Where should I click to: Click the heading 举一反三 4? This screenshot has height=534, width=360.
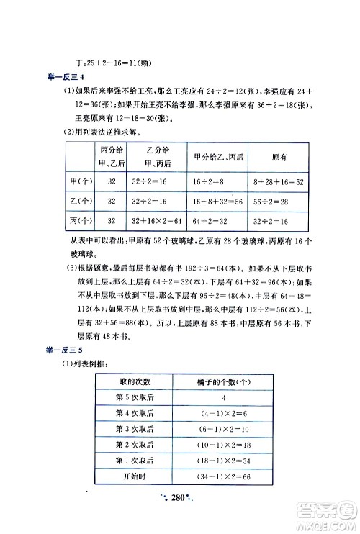click(x=66, y=77)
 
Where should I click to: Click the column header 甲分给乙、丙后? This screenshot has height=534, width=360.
click(x=218, y=158)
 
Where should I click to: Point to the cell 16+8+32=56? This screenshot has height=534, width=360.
click(x=218, y=203)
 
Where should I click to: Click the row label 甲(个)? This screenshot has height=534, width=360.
click(x=81, y=184)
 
